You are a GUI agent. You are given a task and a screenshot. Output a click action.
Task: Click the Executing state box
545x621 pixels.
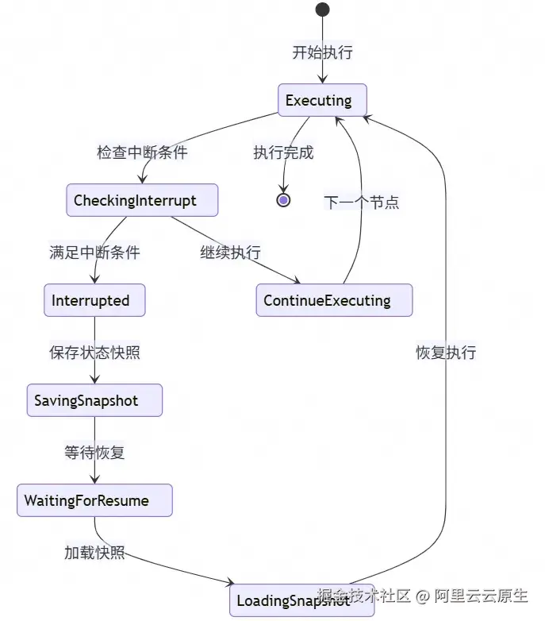(321, 101)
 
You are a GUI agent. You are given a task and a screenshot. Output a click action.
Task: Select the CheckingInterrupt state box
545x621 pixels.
(142, 200)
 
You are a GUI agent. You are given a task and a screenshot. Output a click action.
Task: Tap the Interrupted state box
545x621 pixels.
(94, 301)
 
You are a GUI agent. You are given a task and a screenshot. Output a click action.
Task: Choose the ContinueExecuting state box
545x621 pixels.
(334, 301)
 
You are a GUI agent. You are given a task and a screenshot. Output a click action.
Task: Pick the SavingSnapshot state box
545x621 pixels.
(94, 401)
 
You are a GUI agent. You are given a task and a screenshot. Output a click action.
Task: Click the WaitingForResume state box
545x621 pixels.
(94, 501)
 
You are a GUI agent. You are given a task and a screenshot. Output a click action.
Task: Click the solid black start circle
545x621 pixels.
(322, 10)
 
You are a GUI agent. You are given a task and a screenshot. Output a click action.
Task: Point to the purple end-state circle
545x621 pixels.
(283, 200)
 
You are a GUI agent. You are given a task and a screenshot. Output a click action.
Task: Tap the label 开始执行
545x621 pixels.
(322, 53)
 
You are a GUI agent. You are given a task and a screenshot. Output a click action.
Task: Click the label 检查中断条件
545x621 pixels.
(142, 152)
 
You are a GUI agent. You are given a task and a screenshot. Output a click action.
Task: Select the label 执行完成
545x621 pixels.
(283, 152)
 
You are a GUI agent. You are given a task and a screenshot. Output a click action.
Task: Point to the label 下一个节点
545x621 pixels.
(361, 202)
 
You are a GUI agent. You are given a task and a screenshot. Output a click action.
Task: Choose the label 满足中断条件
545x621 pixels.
(94, 253)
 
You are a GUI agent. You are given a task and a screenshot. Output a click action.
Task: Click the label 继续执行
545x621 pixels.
(230, 253)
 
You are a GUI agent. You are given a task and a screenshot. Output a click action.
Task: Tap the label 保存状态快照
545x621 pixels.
(94, 353)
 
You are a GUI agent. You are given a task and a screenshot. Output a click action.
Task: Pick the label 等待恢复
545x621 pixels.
(94, 453)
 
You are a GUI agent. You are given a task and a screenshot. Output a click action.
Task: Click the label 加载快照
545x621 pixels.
(94, 553)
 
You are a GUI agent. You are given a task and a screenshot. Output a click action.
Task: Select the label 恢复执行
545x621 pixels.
(446, 353)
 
